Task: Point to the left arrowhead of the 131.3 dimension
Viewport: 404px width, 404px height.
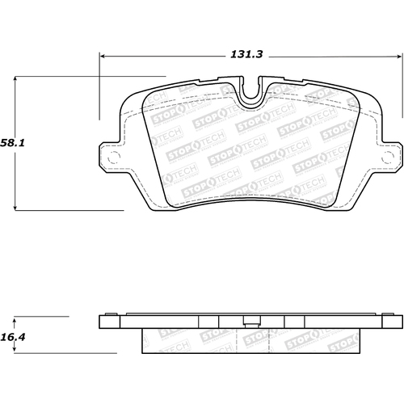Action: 103,56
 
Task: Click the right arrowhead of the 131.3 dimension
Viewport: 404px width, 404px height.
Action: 399,56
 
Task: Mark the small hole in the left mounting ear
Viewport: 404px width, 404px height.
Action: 113,156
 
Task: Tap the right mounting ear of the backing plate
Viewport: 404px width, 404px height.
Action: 390,155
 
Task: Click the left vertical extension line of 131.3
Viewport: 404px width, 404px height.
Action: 99,89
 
